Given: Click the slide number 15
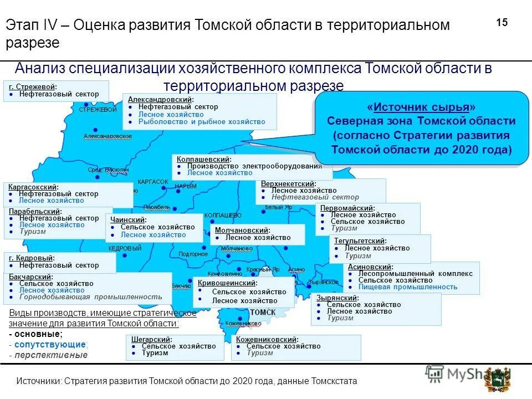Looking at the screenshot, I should (x=502, y=23).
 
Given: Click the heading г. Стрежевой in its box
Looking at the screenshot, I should (x=33, y=87).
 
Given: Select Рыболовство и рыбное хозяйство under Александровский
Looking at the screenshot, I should (x=201, y=122).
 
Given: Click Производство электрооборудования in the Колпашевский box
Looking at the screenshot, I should (x=254, y=166).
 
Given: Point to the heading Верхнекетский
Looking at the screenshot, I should (x=288, y=184).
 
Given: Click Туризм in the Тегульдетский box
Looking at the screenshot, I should (x=357, y=256).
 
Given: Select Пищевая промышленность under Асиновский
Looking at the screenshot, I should (x=407, y=287).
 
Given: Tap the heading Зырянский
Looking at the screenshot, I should (x=337, y=298).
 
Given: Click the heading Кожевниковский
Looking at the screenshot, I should (x=267, y=339).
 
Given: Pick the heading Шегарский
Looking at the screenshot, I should (x=151, y=339).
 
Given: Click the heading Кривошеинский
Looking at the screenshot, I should (x=227, y=283).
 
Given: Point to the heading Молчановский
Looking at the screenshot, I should (x=242, y=230).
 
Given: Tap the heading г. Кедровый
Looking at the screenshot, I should (x=32, y=258).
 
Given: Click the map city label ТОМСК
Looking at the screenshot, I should (x=263, y=313).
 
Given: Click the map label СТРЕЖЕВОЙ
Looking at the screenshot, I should (x=98, y=110).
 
